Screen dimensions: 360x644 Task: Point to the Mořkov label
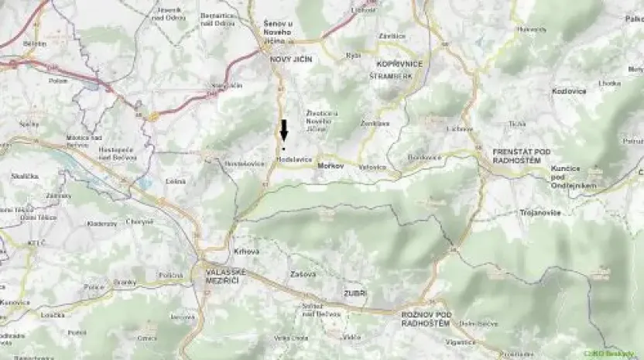330,166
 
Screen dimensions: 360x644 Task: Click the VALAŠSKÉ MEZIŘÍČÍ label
225,277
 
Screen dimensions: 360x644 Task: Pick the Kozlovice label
569,91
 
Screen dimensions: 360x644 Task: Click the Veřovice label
372,166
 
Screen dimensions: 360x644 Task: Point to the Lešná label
176,181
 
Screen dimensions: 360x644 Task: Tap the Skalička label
20,177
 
